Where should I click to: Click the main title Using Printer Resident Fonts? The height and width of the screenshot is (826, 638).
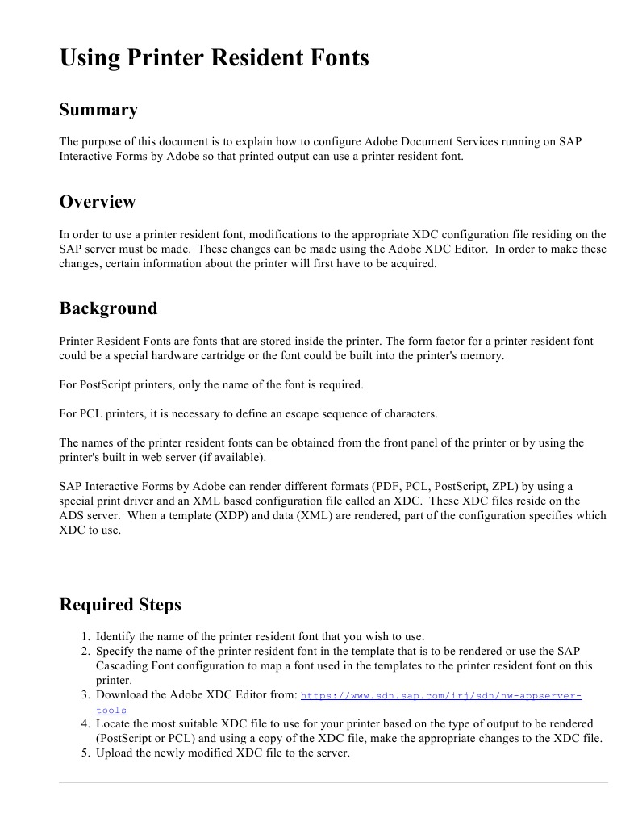pos(214,58)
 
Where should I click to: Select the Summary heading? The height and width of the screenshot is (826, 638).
pos(98,110)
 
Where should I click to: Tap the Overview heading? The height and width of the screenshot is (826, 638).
pos(98,202)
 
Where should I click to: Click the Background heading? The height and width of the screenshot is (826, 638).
pos(108,308)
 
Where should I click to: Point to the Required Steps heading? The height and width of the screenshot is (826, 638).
pos(120,605)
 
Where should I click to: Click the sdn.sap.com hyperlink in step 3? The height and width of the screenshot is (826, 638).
pos(441,695)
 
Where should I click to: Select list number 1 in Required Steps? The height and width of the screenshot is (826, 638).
pos(85,636)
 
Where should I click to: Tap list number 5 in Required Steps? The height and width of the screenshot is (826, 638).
pos(85,753)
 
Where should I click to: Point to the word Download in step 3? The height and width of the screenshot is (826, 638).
pos(122,694)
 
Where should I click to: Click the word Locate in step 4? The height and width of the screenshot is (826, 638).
pos(114,723)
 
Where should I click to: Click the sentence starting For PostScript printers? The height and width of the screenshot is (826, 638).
pos(211,384)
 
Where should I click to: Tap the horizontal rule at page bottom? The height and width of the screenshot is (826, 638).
pos(333,782)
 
